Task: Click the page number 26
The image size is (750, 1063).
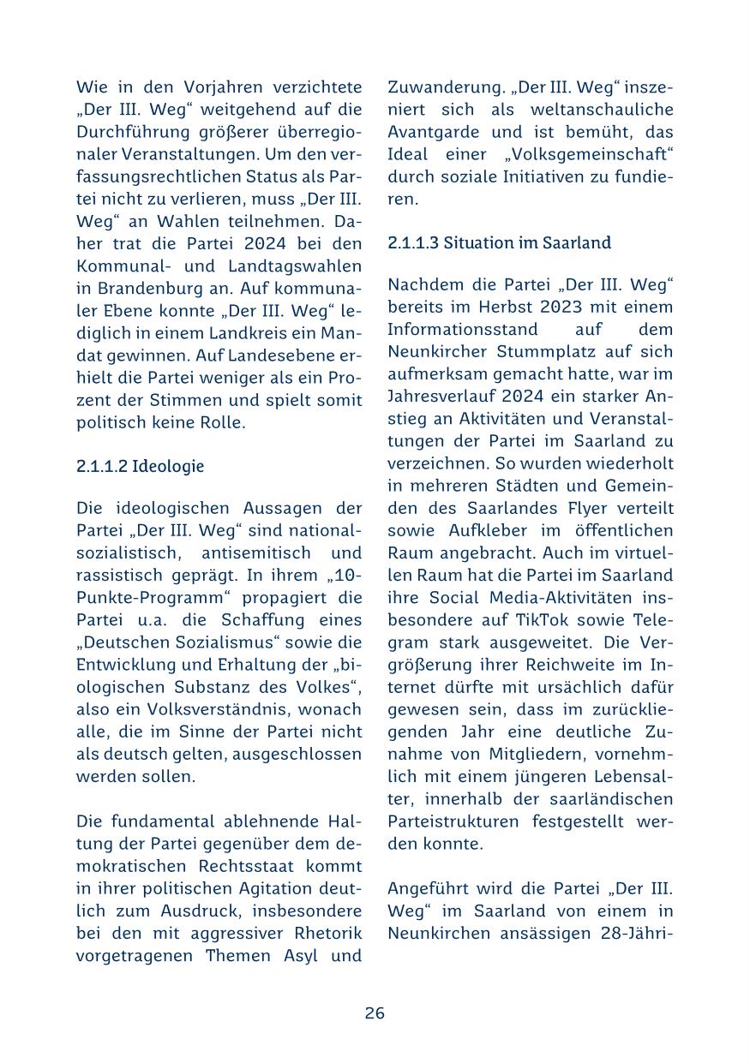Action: pos(375,1013)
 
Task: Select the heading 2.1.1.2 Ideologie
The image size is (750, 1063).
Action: pos(140,467)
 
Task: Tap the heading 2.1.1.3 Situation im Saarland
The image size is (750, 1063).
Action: pos(499,243)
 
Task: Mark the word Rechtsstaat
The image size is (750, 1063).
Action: pos(223,866)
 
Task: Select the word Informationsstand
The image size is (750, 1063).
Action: pos(463,329)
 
